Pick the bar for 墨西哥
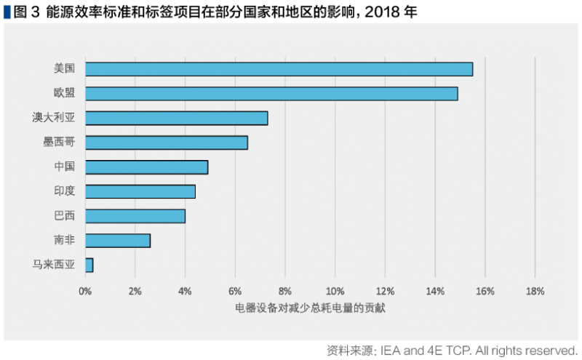pyautogui.click(x=167, y=143)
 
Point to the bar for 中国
pyautogui.click(x=146, y=167)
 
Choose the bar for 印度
pyautogui.click(x=140, y=191)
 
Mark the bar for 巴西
pyautogui.click(x=135, y=216)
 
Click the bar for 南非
pyautogui.click(x=118, y=240)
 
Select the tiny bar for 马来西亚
pyautogui.click(x=89, y=265)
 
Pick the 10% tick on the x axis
pyautogui.click(x=335, y=292)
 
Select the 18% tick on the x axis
pyautogui.click(x=535, y=292)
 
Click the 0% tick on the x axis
pyautogui.click(x=85, y=292)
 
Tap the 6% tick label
pyautogui.click(x=235, y=292)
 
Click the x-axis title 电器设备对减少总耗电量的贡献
pyautogui.click(x=310, y=308)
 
